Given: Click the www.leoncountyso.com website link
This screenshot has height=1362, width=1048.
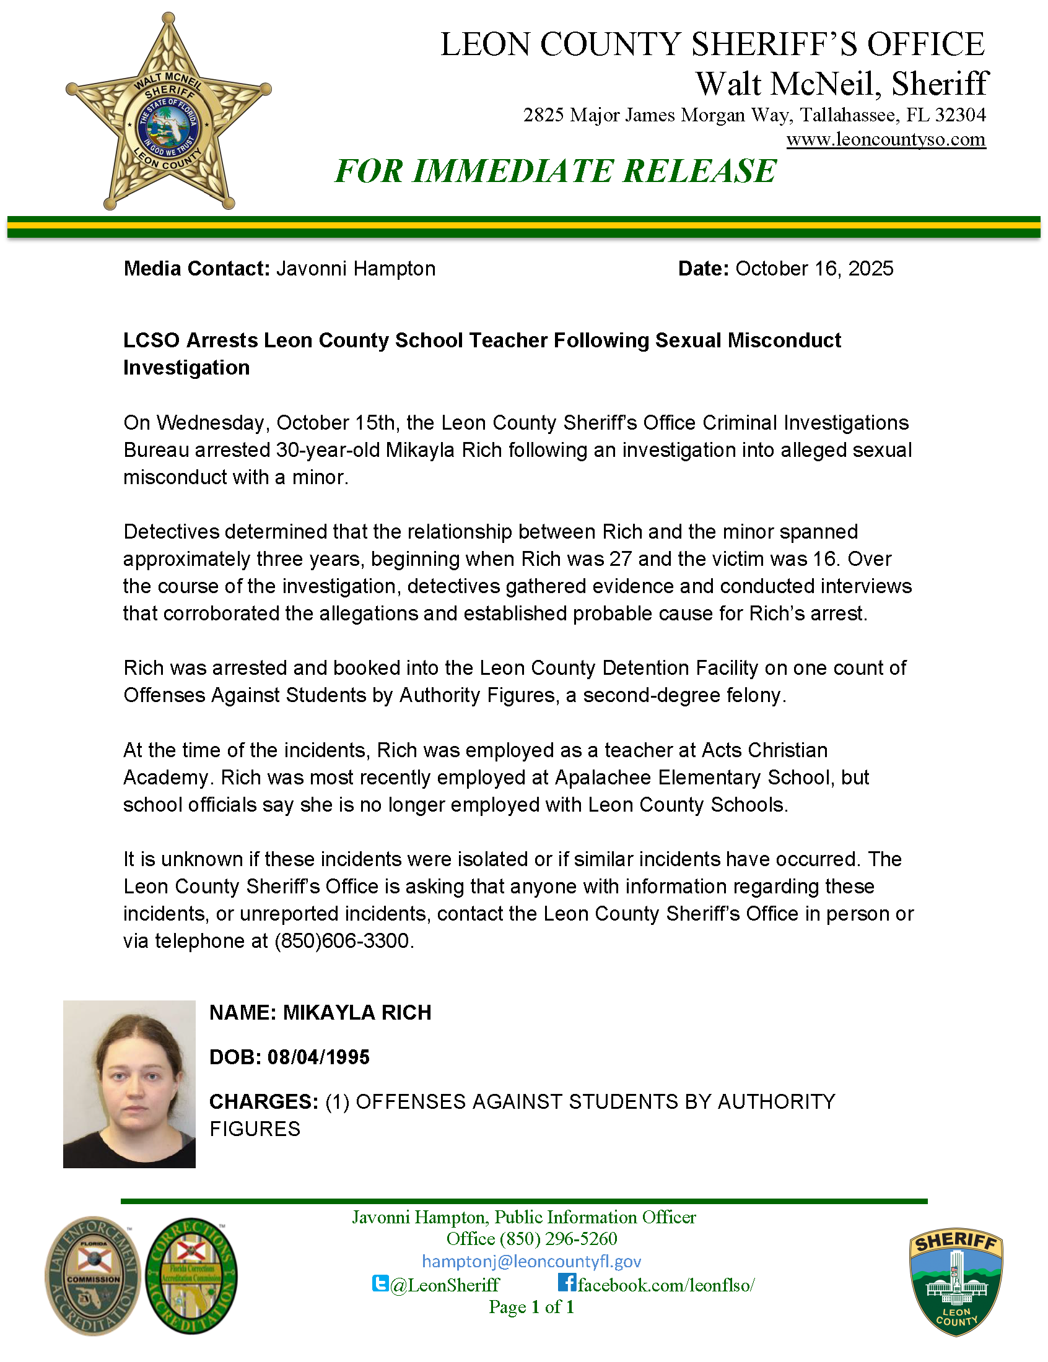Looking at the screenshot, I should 885,139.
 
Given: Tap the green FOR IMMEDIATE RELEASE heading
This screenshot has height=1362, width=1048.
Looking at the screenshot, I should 555,171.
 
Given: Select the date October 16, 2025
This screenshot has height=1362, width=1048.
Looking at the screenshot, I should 814,269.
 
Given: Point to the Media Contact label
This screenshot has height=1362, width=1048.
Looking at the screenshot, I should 196,269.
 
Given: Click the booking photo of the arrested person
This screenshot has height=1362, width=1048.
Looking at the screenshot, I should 129,1084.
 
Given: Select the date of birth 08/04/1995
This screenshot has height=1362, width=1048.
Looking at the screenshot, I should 318,1057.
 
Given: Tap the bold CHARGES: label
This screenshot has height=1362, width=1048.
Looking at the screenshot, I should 264,1101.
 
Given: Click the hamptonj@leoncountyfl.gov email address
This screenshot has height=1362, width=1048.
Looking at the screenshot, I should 531,1262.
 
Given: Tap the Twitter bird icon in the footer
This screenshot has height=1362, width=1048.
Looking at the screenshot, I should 380,1283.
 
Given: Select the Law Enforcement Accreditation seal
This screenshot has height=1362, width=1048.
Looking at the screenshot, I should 92,1276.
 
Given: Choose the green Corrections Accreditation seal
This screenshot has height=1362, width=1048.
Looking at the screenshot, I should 191,1276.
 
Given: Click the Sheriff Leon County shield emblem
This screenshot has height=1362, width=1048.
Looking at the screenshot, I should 956,1282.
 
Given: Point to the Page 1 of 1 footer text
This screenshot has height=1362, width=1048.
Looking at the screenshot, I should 531,1306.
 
